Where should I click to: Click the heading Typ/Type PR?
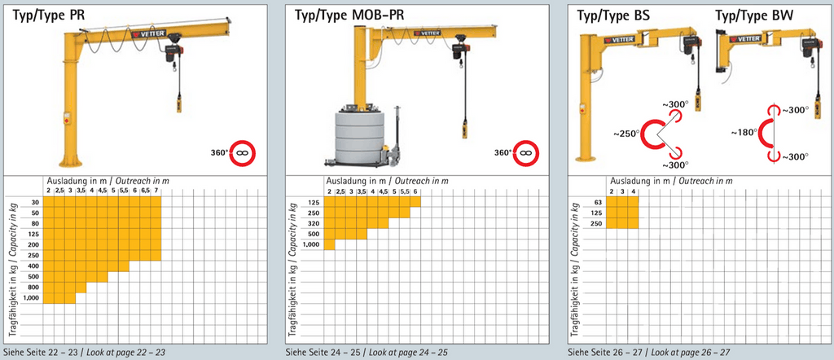tap(48, 15)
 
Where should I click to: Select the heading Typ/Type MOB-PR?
tap(349, 15)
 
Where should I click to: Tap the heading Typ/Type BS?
tap(612, 15)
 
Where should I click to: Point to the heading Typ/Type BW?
tap(753, 15)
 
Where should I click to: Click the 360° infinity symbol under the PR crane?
tap(243, 153)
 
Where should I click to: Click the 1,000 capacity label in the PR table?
tap(32, 298)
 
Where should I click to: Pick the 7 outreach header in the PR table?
tap(156, 191)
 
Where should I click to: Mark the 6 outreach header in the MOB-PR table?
tap(415, 191)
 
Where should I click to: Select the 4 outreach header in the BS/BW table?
tap(633, 191)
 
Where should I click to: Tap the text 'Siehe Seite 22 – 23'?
tap(39, 352)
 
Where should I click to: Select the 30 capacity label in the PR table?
tap(35, 202)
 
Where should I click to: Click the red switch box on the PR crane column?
tap(67, 118)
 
